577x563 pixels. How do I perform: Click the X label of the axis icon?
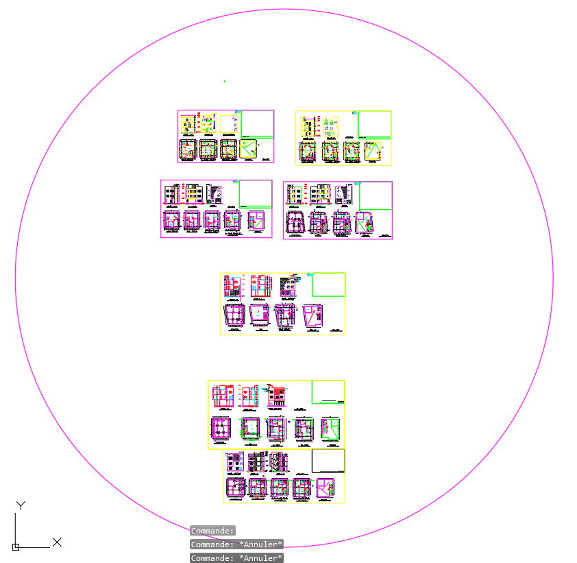[x=57, y=542]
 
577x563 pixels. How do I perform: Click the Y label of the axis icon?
[x=21, y=506]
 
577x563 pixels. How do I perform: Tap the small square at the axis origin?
[x=16, y=547]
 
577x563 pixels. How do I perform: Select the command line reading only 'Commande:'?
[x=212, y=530]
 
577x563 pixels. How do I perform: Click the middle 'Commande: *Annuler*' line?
[x=236, y=544]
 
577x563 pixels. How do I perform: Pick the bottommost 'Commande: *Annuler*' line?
[x=236, y=558]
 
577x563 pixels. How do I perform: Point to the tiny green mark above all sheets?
[x=225, y=82]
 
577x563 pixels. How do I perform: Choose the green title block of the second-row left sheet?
[x=255, y=195]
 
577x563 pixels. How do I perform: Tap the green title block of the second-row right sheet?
[x=376, y=196]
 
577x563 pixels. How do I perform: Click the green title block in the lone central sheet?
[x=329, y=285]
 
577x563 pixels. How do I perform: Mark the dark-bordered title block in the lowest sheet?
[x=328, y=461]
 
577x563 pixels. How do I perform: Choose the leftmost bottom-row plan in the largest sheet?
[x=221, y=428]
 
